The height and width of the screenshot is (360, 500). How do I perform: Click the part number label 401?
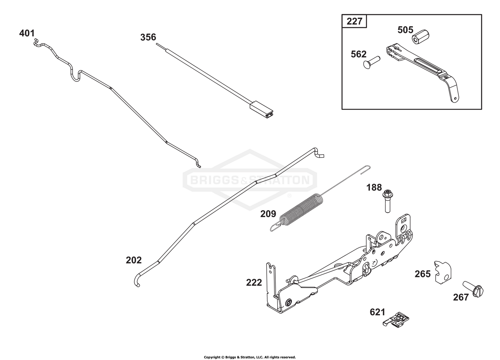pos(27,33)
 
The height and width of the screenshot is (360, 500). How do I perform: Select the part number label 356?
pos(148,37)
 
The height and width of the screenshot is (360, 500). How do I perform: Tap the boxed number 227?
pos(354,21)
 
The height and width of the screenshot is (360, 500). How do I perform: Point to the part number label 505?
pos(405,30)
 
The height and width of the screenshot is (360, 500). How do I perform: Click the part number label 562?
pos(358,54)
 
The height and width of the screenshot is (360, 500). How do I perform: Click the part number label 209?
pos(268,214)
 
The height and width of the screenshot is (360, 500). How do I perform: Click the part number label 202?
pos(134,260)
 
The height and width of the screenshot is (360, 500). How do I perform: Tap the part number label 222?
pos(254,283)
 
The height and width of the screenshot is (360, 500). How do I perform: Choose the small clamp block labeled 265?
pos(443,272)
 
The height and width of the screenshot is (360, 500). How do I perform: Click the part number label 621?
pos(377,312)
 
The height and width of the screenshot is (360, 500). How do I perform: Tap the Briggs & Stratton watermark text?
pos(250,180)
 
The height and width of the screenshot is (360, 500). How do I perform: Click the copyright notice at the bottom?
pos(250,357)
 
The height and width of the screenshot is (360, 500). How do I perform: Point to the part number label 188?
pos(374,187)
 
